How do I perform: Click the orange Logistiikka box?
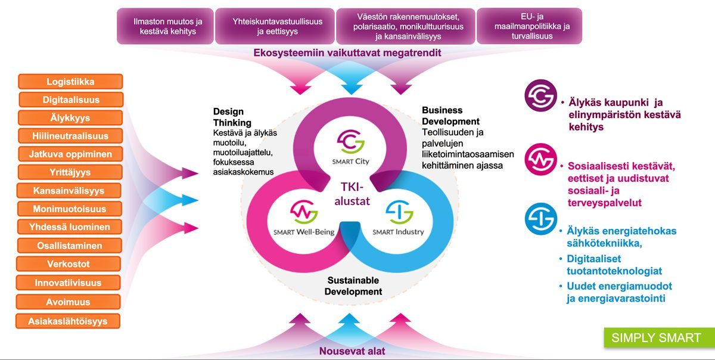[x=70, y=82]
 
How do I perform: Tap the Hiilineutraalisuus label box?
[x=70, y=136]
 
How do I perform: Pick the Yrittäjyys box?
[x=70, y=172]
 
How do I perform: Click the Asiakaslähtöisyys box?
[x=68, y=321]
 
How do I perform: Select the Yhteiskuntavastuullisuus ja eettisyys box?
[x=277, y=26]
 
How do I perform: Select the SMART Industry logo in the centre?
[x=398, y=217]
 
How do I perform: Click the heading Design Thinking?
[x=228, y=117]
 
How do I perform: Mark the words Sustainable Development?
[x=354, y=286]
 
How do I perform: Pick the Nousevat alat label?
[x=352, y=351]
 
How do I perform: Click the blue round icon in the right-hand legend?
[x=540, y=219]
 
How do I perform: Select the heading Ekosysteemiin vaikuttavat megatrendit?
[x=347, y=53]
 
